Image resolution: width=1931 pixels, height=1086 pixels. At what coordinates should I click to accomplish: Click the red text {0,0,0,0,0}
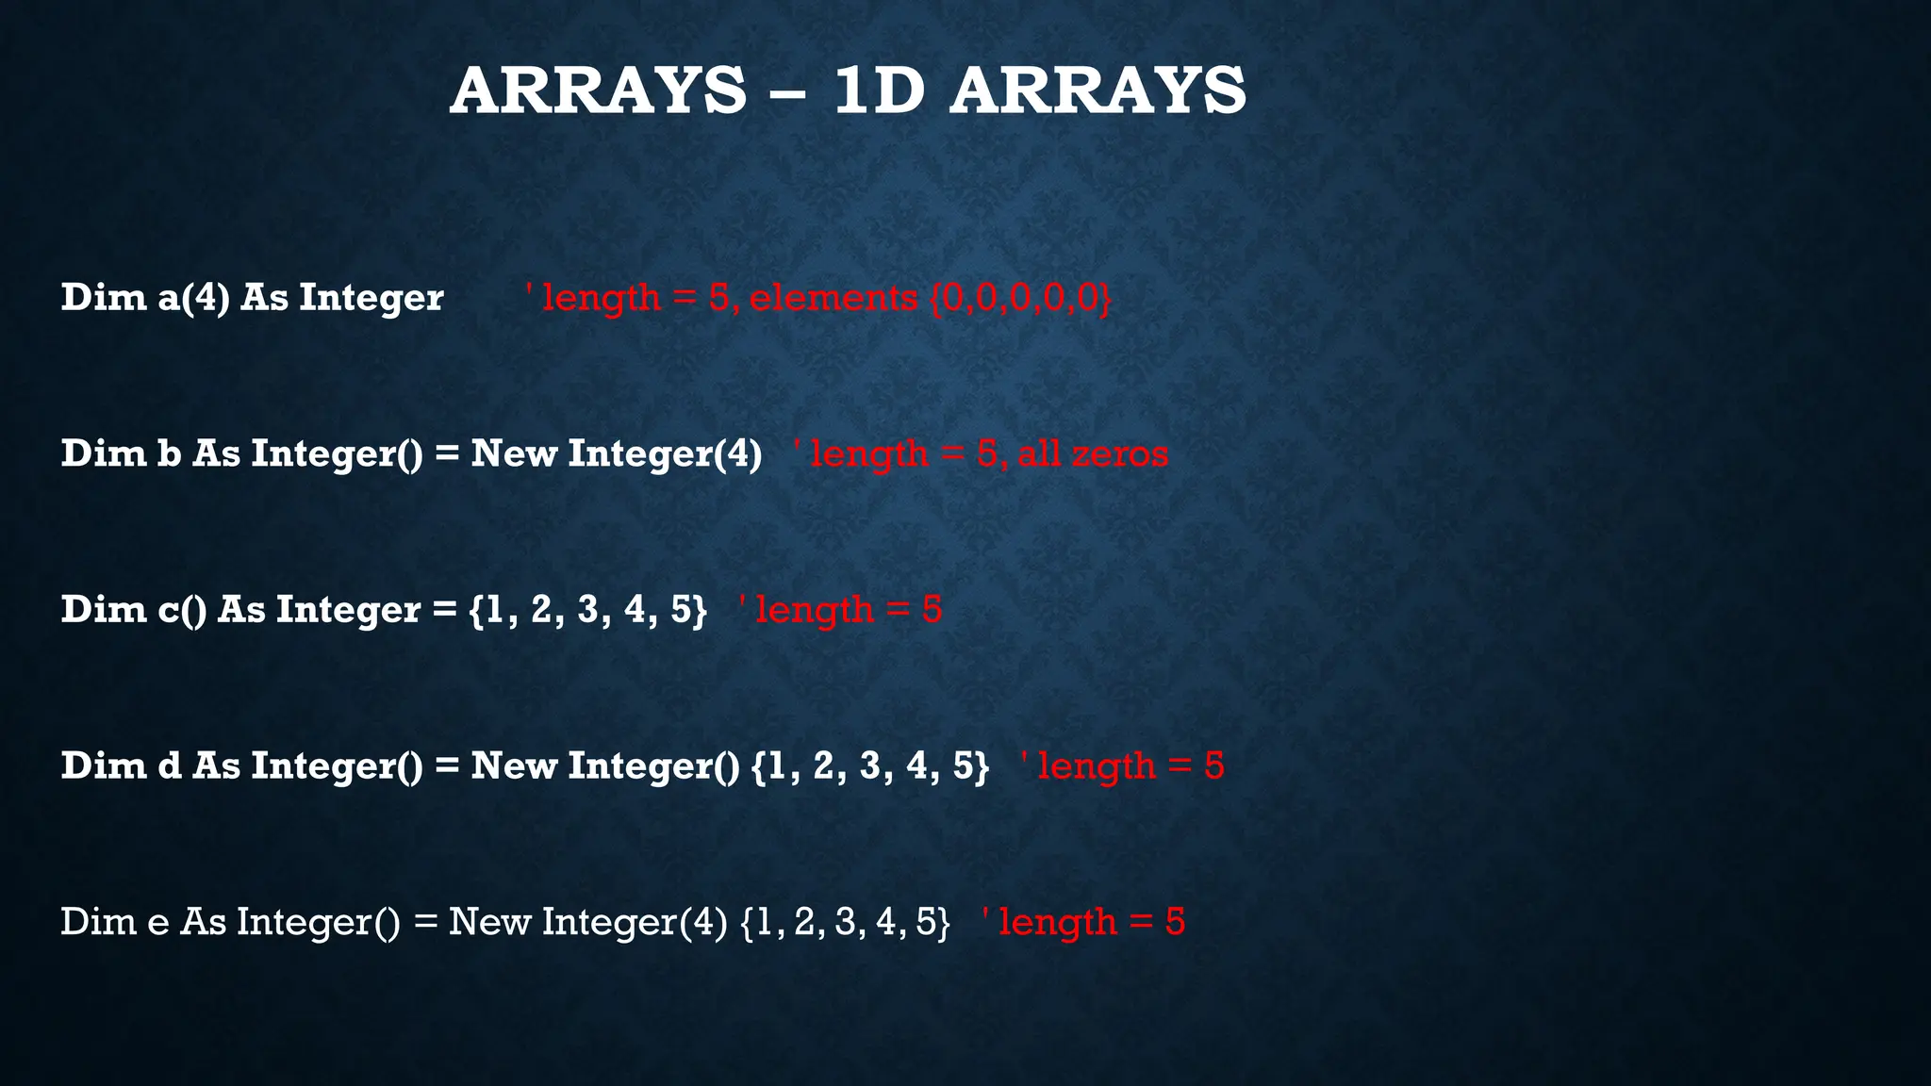pyautogui.click(x=1021, y=298)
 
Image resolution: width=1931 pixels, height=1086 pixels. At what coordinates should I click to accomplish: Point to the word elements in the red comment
pyautogui.click(x=833, y=298)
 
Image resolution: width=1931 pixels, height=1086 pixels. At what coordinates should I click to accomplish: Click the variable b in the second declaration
pyautogui.click(x=169, y=453)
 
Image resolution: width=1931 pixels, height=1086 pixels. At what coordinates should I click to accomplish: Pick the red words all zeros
pyautogui.click(x=1092, y=453)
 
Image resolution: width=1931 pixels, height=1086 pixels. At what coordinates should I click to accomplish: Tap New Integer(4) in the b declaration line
pyautogui.click(x=617, y=453)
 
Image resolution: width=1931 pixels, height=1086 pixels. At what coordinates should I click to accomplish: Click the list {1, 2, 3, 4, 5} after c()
pyautogui.click(x=587, y=610)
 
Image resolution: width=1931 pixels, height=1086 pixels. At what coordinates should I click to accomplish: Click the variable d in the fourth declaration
pyautogui.click(x=169, y=765)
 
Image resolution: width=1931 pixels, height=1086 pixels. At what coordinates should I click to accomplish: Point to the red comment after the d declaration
pyautogui.click(x=1122, y=765)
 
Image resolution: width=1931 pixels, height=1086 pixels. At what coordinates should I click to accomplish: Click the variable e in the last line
pyautogui.click(x=157, y=922)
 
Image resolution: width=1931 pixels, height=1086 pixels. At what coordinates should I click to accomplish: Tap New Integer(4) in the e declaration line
pyautogui.click(x=587, y=922)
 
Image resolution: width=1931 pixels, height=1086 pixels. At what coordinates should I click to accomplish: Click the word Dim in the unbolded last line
pyautogui.click(x=93, y=922)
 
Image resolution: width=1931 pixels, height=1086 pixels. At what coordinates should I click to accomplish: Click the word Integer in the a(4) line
pyautogui.click(x=371, y=298)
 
